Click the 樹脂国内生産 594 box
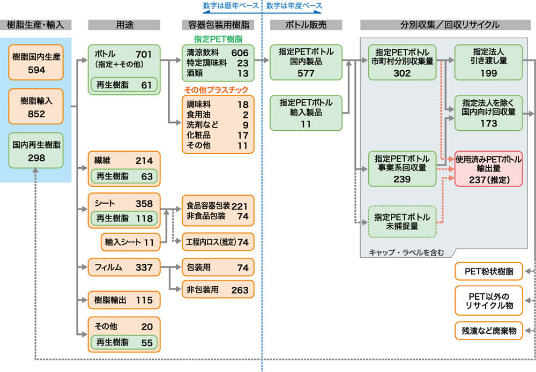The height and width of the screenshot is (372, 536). tap(36, 63)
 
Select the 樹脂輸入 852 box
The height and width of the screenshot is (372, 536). tap(36, 107)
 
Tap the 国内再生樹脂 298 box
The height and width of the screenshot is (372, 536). tap(36, 151)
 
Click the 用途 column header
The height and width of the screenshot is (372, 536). tap(124, 25)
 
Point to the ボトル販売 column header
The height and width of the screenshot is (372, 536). tap(306, 25)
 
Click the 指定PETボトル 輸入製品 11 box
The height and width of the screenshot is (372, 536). tap(306, 113)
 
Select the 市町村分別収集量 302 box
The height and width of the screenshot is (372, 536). tap(402, 62)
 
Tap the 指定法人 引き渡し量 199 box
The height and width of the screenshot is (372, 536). tap(488, 62)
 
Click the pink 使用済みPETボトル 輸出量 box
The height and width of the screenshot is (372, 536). tap(488, 168)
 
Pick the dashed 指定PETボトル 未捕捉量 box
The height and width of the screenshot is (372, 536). tap(402, 221)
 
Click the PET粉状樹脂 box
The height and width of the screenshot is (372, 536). tap(488, 272)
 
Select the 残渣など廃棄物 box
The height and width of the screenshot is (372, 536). tap(488, 331)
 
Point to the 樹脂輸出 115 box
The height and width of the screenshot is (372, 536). tap(124, 300)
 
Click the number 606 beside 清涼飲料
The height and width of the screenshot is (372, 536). tap(240, 53)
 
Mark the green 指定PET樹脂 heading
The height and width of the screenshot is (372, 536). tap(218, 39)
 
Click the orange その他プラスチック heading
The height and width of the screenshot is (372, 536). tap(218, 90)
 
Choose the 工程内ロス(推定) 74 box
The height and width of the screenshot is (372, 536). tap(218, 242)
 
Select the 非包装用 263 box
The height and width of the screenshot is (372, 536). tap(218, 289)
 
